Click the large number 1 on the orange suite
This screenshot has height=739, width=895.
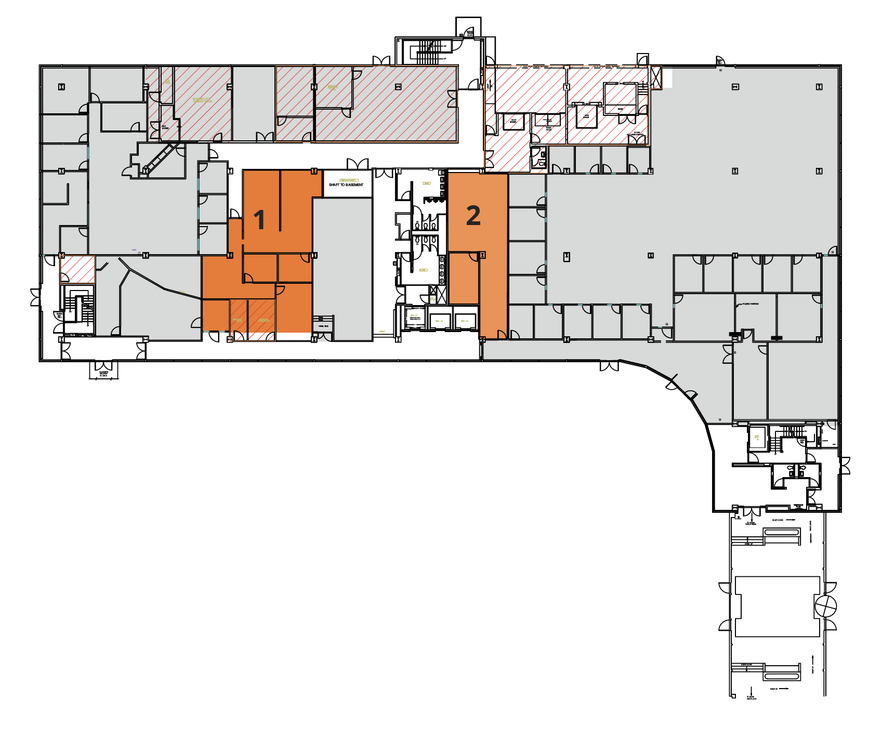pyautogui.click(x=259, y=219)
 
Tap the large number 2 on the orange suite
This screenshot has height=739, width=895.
pyautogui.click(x=473, y=216)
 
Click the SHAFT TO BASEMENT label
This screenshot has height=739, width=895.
pyautogui.click(x=346, y=184)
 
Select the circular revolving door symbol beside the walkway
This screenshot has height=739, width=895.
pyautogui.click(x=825, y=606)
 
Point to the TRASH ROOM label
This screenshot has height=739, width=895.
pyautogui.click(x=548, y=128)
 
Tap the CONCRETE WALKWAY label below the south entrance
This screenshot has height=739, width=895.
pyautogui.click(x=103, y=374)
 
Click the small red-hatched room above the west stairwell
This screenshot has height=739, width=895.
pyautogui.click(x=77, y=269)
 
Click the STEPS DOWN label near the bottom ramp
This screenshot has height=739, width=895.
pyautogui.click(x=746, y=665)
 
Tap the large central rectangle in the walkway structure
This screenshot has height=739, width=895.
pyautogui.click(x=777, y=606)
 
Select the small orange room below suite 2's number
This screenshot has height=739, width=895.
pyautogui.click(x=463, y=278)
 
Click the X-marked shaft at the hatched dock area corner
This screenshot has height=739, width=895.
pyautogui.click(x=656, y=77)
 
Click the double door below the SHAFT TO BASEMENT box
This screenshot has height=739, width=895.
pyautogui.click(x=358, y=164)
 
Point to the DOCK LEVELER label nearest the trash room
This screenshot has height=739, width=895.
pyautogui.click(x=514, y=121)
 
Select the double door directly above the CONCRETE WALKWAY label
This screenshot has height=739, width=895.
pyautogui.click(x=103, y=364)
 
